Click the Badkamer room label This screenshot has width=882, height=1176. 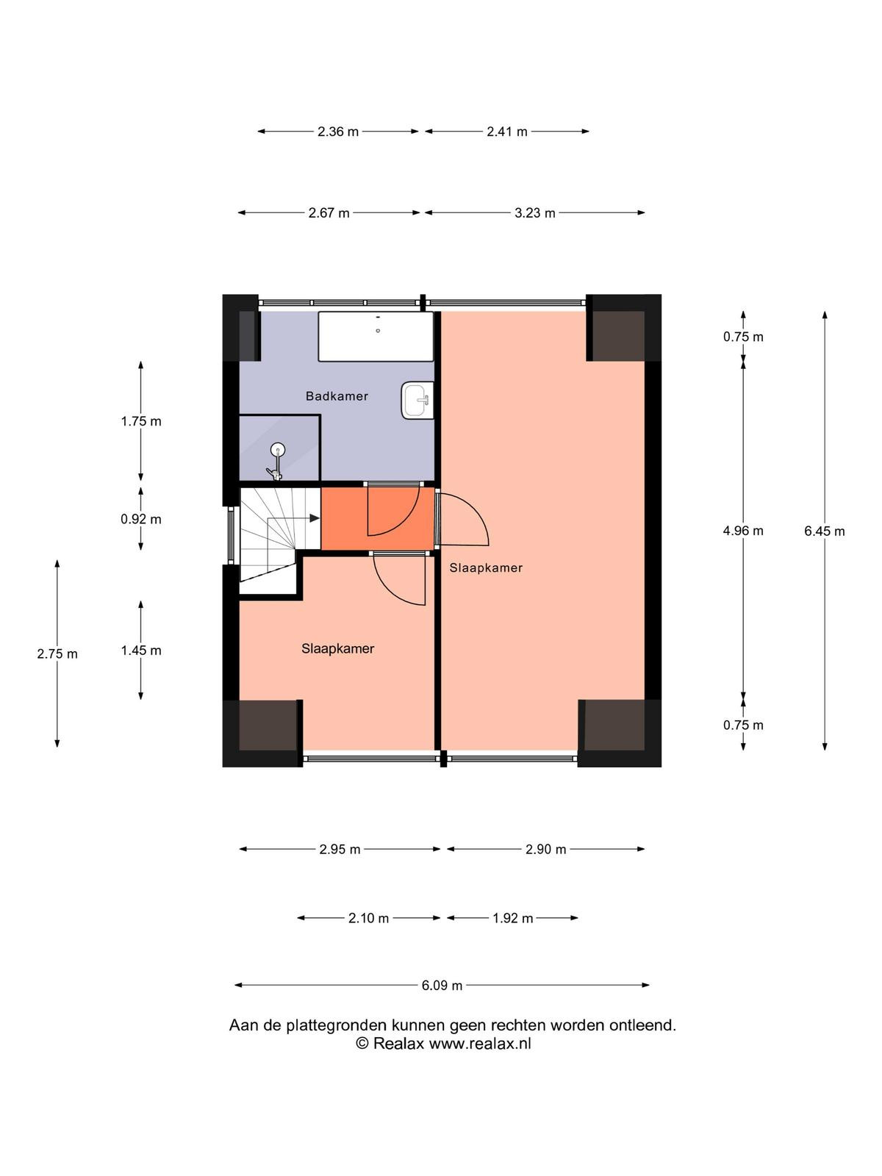pos(337,396)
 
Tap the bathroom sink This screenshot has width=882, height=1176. pos(417,401)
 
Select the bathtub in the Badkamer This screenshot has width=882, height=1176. pos(376,337)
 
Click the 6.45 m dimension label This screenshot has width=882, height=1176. pos(824,531)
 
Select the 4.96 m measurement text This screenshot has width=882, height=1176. pos(743,531)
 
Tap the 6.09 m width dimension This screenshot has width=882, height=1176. pos(442,986)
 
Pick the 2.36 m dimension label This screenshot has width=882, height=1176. pos(338,132)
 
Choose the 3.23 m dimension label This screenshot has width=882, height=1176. pos(535,212)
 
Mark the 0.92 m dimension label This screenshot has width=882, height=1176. pos(141,519)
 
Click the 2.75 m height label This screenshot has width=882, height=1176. pos(57,653)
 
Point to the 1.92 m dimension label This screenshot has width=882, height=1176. pos(512,918)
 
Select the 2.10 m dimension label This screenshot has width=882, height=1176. pos(368,918)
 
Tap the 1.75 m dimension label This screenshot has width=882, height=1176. pos(141,421)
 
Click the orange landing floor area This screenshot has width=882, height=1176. pos(377,518)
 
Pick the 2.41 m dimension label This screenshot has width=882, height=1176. pos(507,132)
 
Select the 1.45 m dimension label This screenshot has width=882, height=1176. pos(141,650)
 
